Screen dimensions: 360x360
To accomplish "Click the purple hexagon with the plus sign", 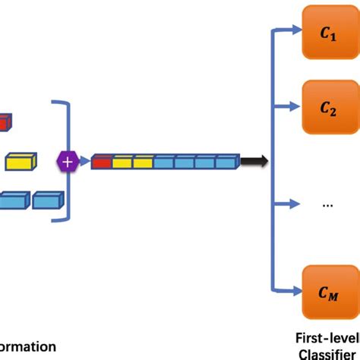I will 68,161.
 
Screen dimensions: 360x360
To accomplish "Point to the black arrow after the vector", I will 254,161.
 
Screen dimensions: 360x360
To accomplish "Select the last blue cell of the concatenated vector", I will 227,161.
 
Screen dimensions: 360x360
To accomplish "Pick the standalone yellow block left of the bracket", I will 21,161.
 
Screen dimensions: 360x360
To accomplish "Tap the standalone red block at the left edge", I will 5,121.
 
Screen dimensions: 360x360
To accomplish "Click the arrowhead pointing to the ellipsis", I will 295,204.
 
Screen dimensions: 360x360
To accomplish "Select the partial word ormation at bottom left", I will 27,346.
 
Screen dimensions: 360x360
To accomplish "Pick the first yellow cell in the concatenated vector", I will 122,161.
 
